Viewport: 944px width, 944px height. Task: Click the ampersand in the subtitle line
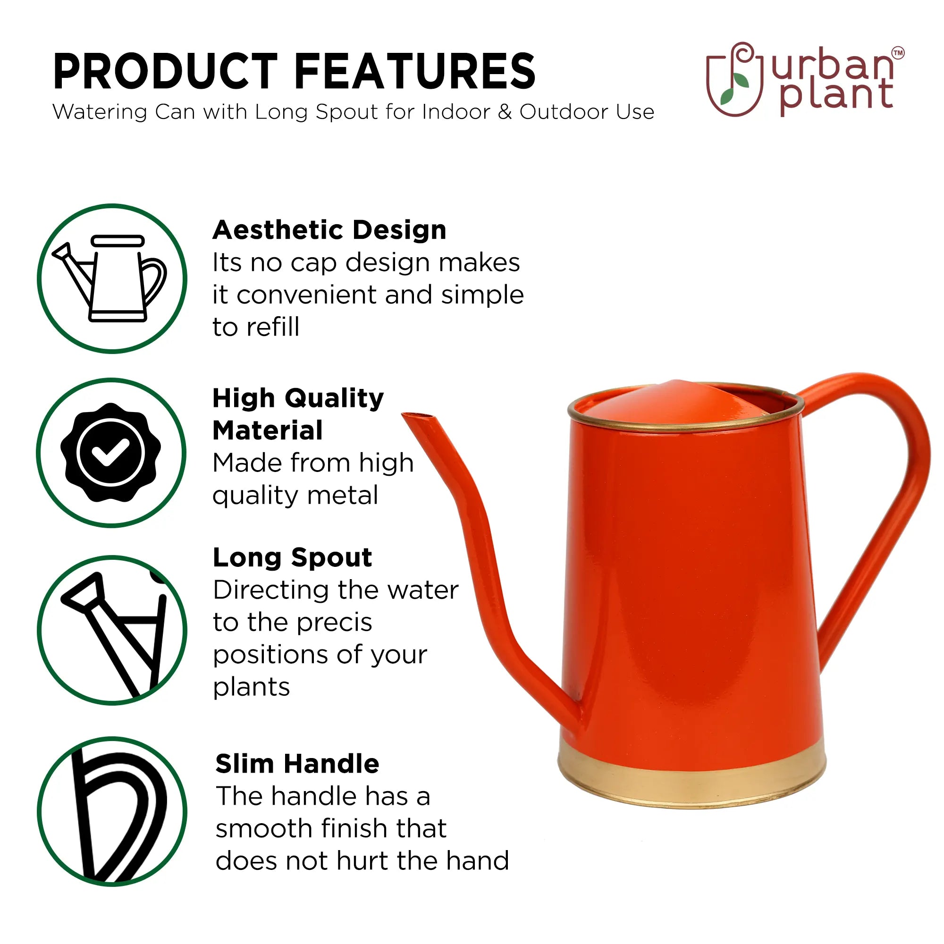coord(505,112)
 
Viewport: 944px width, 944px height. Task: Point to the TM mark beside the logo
coord(898,53)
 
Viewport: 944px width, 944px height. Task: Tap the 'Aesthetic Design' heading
coord(329,231)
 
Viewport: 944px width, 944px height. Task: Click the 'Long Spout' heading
coord(292,558)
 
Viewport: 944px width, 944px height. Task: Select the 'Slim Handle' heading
coord(297,764)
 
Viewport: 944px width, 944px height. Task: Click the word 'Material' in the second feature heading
coord(268,430)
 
